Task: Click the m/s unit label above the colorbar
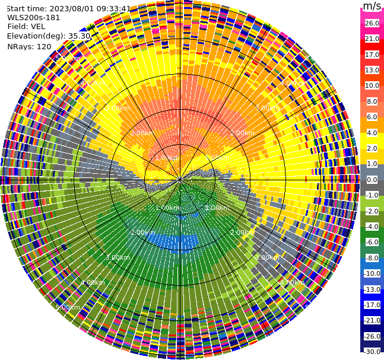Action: click(372, 6)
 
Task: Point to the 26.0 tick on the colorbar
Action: click(372, 23)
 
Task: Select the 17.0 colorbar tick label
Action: click(372, 55)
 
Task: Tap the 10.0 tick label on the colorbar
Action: click(372, 85)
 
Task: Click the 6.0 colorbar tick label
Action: click(372, 117)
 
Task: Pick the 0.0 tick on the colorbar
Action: click(372, 180)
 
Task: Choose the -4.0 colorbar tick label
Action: click(372, 227)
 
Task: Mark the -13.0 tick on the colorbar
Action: click(372, 289)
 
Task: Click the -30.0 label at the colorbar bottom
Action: click(372, 352)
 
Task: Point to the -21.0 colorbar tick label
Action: click(372, 320)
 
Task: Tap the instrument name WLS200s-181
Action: click(34, 17)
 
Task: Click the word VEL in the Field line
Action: click(37, 26)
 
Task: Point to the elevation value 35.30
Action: click(79, 36)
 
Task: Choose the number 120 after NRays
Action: click(44, 46)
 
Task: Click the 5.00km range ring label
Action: click(68, 307)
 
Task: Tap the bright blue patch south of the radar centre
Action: click(172, 241)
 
